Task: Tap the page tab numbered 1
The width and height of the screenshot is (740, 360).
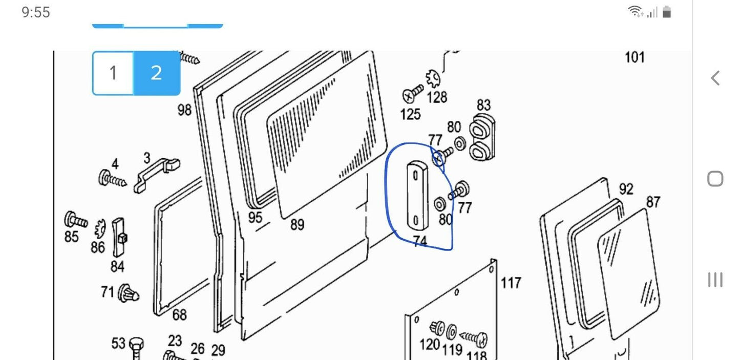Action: (x=113, y=73)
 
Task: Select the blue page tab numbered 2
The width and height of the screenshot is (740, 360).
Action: (x=157, y=73)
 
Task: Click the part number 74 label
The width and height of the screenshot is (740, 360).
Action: (x=420, y=241)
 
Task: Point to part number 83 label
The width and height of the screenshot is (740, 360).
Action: (x=483, y=105)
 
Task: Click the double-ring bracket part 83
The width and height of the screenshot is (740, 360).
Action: (x=482, y=137)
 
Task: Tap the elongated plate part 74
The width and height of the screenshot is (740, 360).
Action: (x=417, y=196)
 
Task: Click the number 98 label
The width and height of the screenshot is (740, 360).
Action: (x=184, y=110)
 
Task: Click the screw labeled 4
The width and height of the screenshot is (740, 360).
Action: (x=112, y=179)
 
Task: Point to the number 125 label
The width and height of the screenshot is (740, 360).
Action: (x=410, y=115)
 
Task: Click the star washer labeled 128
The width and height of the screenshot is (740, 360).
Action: (x=433, y=79)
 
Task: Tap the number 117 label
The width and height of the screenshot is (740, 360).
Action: (x=511, y=283)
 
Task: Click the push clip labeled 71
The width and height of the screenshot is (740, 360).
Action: (x=129, y=293)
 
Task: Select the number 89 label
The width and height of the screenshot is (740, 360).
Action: (x=297, y=225)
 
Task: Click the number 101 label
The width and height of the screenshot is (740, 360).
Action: (x=635, y=57)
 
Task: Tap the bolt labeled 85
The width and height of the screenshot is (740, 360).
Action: (x=76, y=219)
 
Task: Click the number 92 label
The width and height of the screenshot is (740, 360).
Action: (x=626, y=189)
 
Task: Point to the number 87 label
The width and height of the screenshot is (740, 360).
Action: (x=653, y=202)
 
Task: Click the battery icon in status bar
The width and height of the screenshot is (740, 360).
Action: (x=667, y=12)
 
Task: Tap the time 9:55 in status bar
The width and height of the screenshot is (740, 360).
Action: (x=36, y=13)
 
